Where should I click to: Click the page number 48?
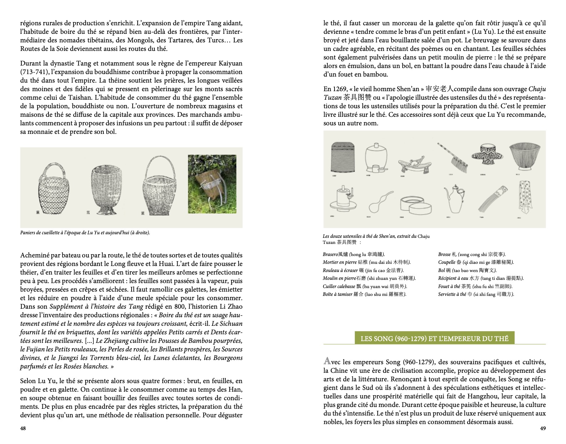click(23, 428)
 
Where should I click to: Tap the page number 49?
click(543, 428)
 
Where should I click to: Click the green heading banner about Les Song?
click(434, 338)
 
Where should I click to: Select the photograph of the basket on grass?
click(212, 184)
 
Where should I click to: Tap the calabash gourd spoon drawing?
click(380, 202)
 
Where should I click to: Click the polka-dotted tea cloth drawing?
click(526, 199)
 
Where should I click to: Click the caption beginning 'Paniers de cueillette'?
click(85, 233)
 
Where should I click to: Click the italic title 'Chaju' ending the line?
click(537, 89)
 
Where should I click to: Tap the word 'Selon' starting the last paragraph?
click(29, 381)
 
